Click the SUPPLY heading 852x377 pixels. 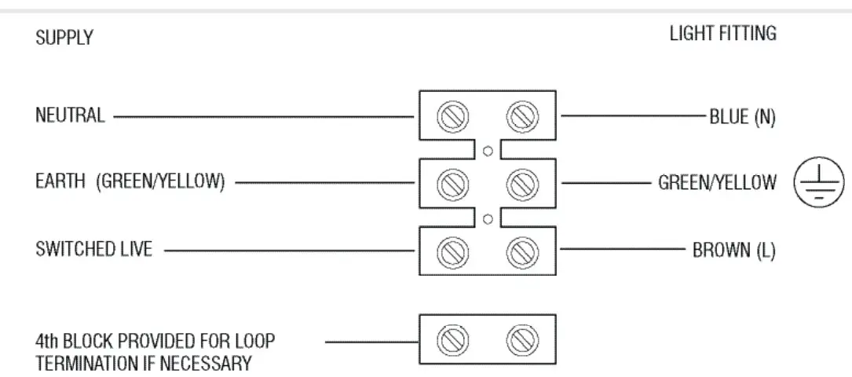[x=64, y=38]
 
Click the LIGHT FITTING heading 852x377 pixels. [x=722, y=34]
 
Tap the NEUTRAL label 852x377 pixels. [x=69, y=116]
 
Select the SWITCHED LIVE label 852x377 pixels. [x=93, y=250]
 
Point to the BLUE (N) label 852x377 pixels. [x=742, y=117]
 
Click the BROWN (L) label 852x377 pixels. [x=733, y=252]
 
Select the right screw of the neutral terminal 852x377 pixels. [x=518, y=116]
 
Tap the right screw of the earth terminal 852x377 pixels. [x=518, y=184]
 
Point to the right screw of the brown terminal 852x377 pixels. [x=518, y=251]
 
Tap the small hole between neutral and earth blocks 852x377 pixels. [x=488, y=151]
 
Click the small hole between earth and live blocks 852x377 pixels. [x=488, y=218]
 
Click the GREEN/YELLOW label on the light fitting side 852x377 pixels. [x=717, y=184]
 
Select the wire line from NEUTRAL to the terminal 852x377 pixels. [x=263, y=117]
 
